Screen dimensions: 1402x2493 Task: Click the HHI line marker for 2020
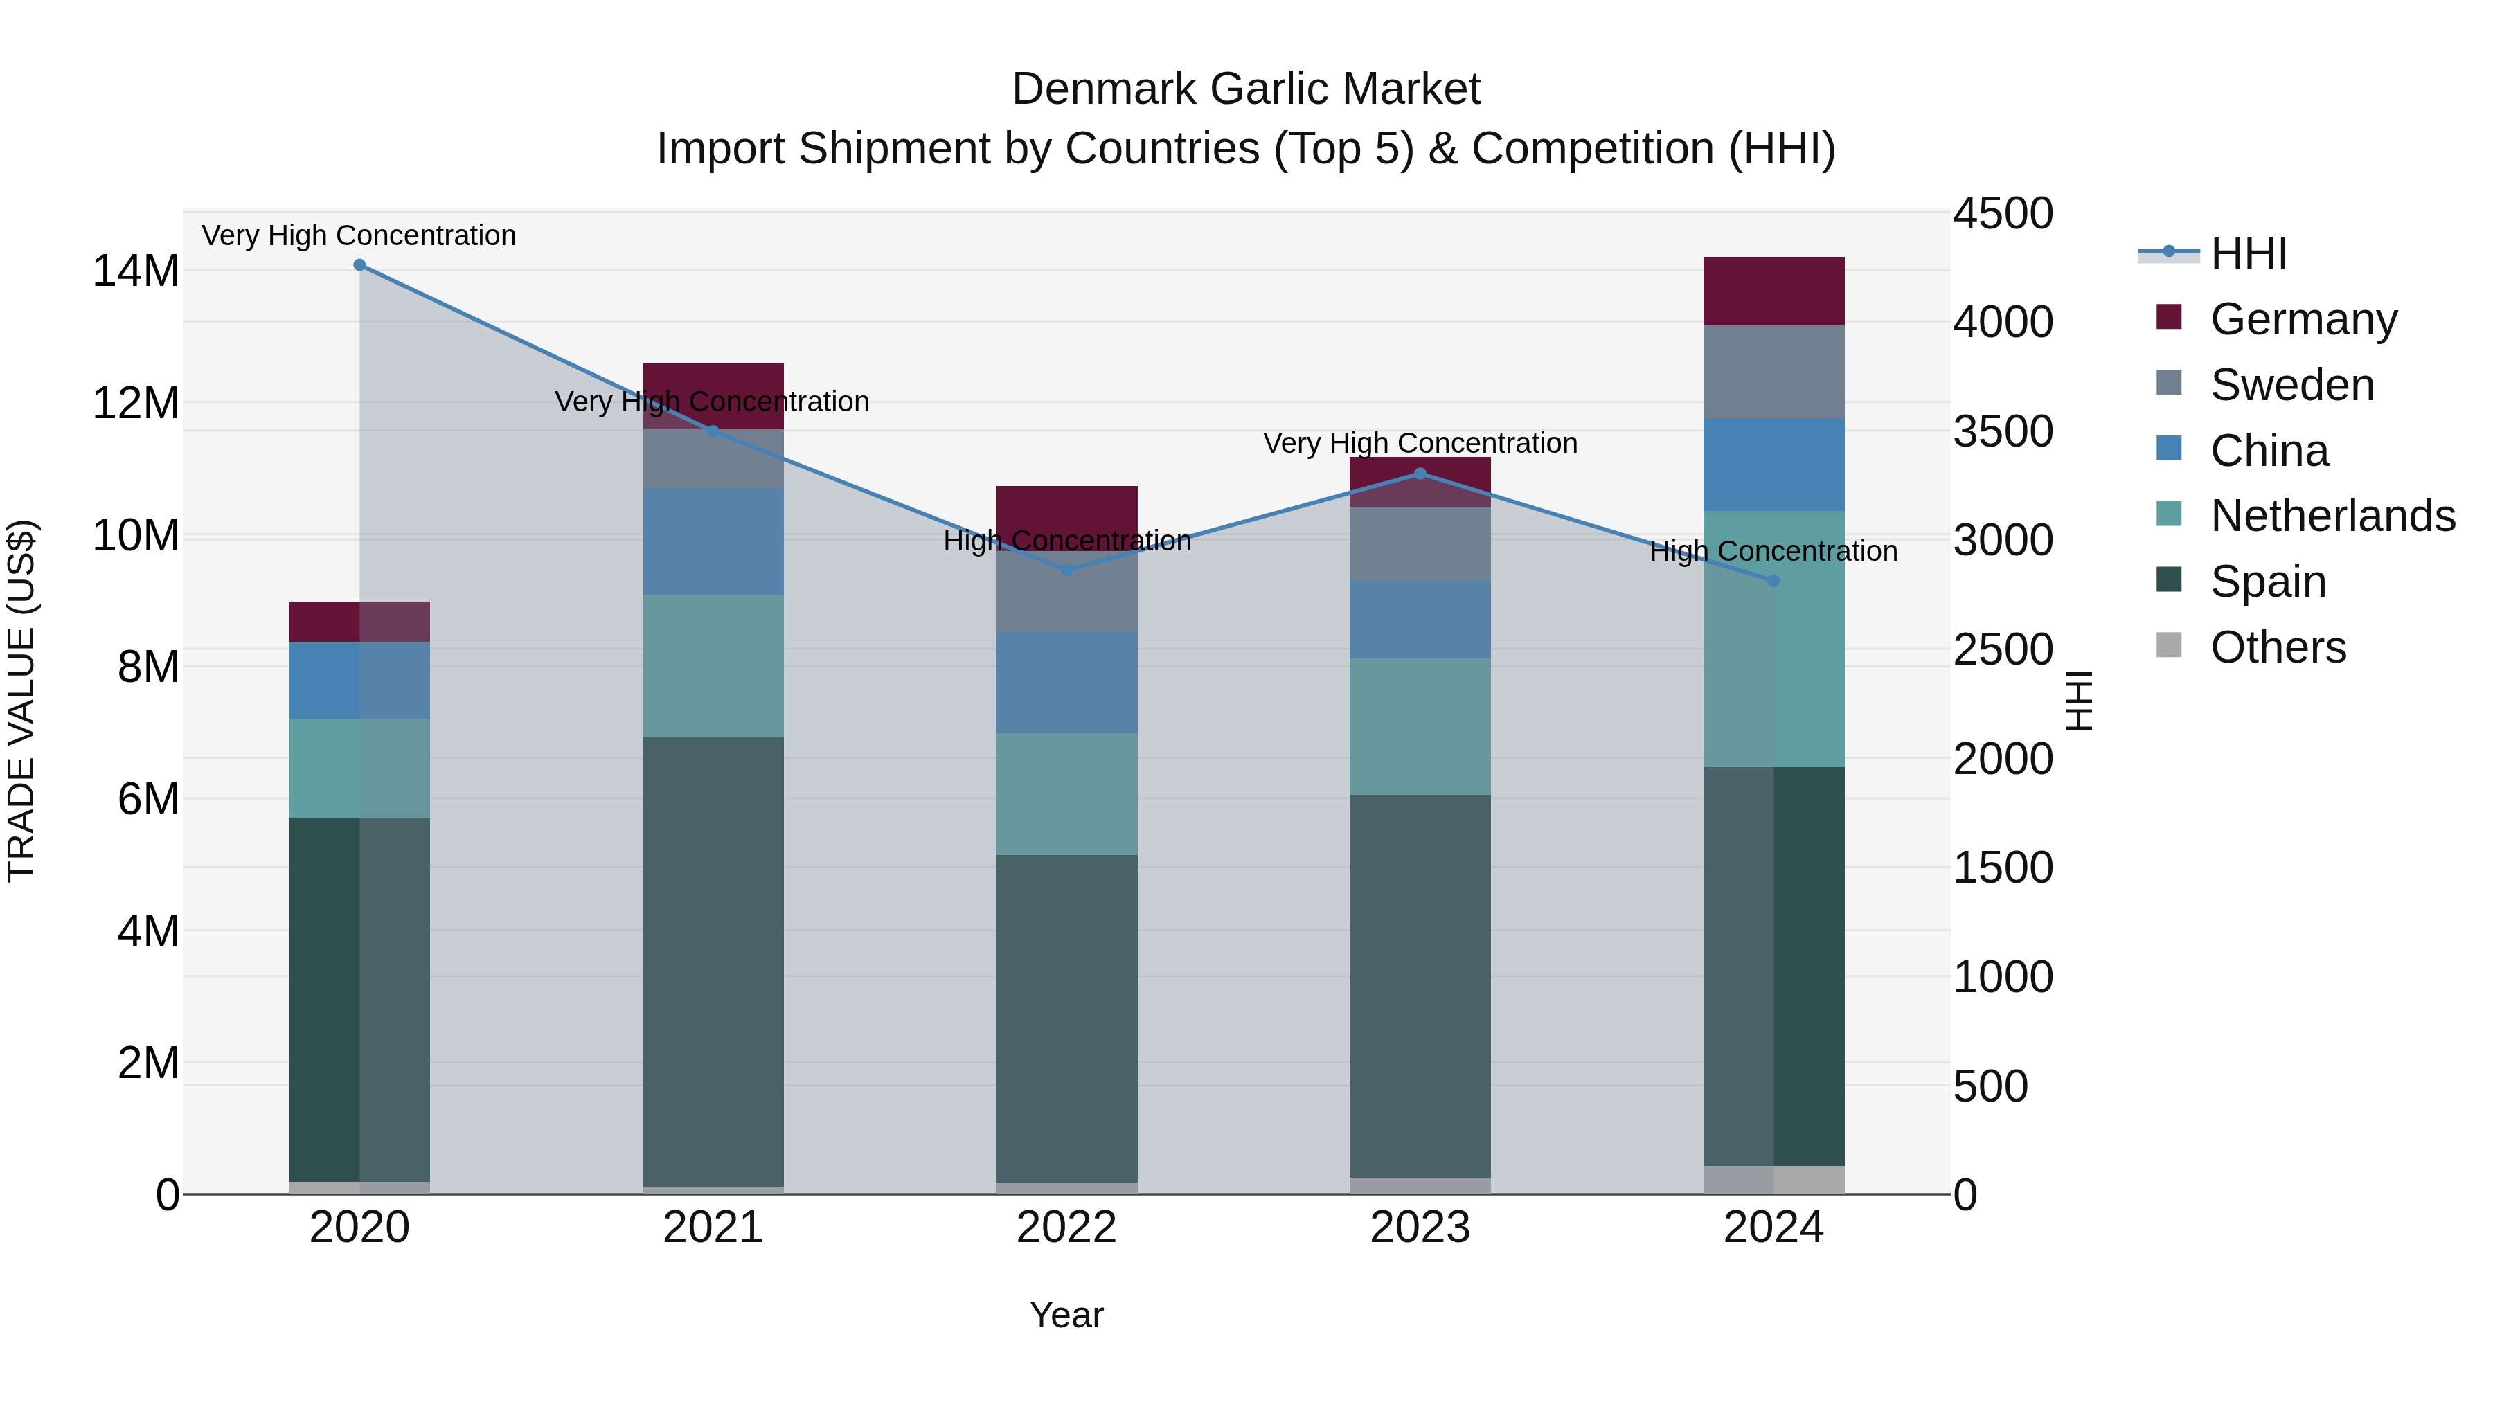359,265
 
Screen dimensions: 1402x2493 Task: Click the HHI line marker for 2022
1066,571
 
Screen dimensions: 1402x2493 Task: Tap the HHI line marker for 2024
1773,582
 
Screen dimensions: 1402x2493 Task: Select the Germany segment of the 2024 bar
1773,291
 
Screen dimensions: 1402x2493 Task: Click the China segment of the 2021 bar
713,542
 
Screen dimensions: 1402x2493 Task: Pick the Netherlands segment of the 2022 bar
1066,793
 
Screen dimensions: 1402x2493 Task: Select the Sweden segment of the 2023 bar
1420,543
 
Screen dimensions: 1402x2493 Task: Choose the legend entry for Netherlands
2332,516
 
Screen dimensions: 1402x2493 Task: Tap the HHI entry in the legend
2248,253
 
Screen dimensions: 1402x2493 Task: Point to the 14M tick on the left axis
136,271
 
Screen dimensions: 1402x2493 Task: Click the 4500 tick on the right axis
2002,214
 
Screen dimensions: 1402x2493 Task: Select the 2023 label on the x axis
1420,1228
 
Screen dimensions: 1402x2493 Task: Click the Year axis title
1066,1315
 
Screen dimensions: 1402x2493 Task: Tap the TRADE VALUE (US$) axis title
22,701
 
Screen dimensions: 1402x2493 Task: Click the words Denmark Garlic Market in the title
1246,89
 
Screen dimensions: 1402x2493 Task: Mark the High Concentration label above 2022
1066,541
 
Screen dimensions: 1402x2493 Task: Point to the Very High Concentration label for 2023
1420,443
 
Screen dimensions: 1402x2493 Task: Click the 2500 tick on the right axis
2002,649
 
